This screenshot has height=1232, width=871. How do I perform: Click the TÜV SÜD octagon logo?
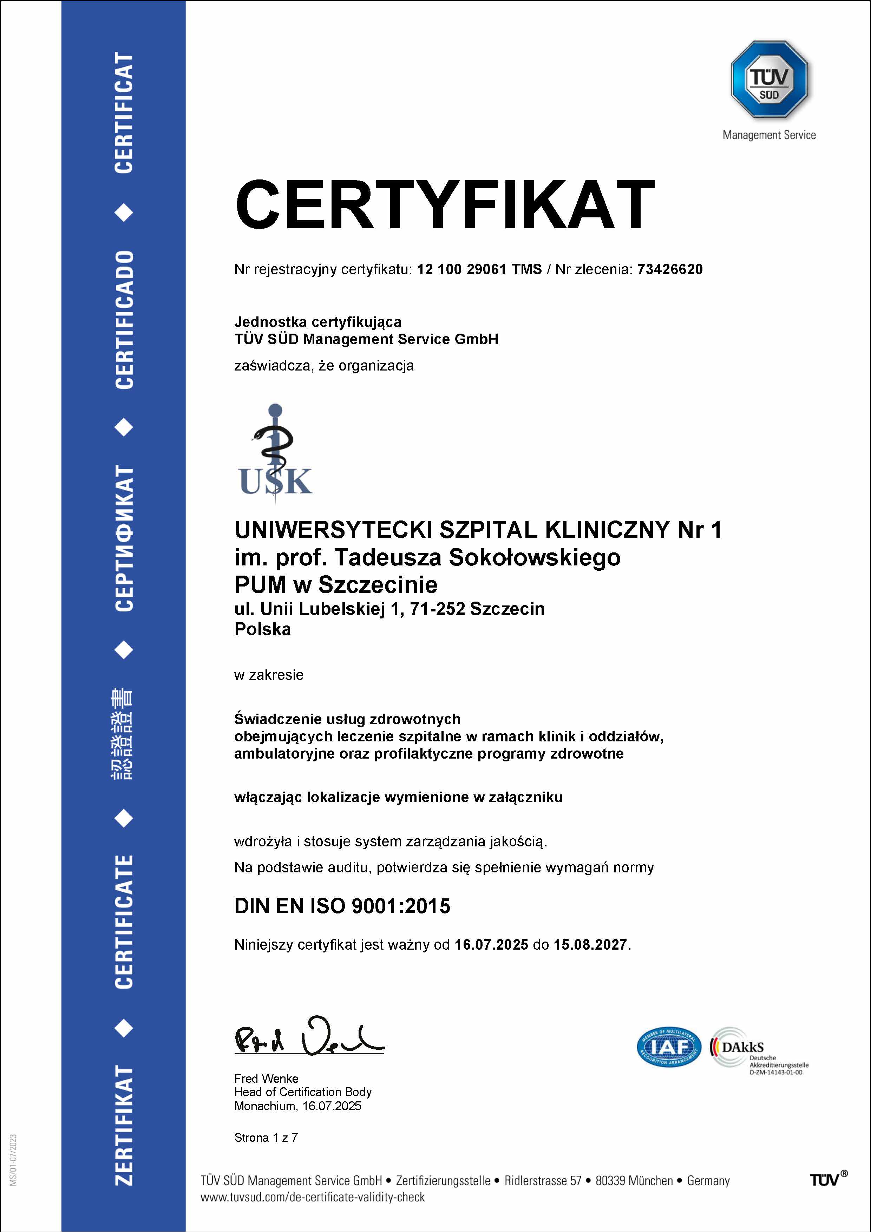coord(769,79)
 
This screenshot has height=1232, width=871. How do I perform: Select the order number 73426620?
coord(670,269)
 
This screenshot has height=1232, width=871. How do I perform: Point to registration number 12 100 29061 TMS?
coord(479,269)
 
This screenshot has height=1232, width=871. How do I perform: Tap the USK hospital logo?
coord(275,453)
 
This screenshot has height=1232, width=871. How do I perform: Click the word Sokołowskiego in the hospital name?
coord(535,557)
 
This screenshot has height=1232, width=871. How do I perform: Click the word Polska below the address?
coord(262,629)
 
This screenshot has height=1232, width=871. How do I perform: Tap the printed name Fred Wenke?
coord(266,1079)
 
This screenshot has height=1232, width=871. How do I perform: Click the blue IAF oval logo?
coord(669,1047)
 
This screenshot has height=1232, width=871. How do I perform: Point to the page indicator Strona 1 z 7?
coord(266,1138)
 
